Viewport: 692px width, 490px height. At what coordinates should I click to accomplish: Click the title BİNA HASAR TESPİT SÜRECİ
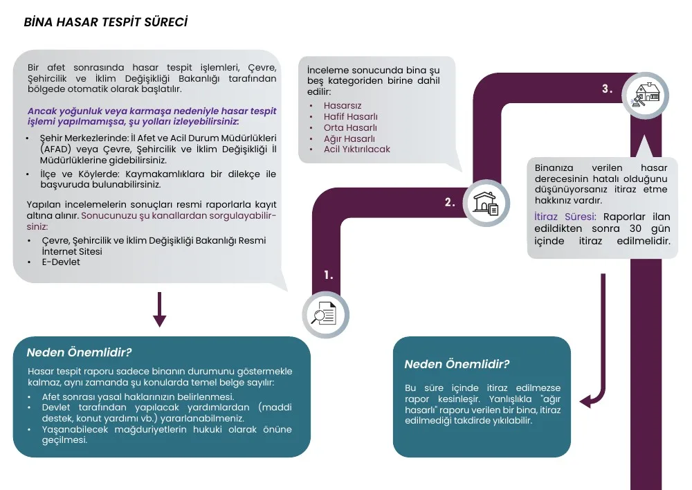[106, 22]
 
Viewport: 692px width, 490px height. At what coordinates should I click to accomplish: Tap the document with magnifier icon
[325, 314]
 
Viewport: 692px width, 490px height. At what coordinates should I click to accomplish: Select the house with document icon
[486, 203]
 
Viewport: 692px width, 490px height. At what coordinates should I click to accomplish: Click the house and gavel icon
[646, 96]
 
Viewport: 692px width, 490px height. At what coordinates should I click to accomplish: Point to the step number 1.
[328, 275]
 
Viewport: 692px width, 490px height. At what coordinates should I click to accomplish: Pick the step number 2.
[450, 203]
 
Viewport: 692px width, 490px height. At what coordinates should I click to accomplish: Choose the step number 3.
[608, 89]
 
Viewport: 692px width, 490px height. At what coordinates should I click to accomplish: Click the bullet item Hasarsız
[343, 105]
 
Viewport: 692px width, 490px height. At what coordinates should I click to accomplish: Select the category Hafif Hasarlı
[350, 116]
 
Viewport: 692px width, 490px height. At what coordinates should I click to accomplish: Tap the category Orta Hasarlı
[350, 127]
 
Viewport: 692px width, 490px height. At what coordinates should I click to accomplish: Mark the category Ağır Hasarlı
[349, 138]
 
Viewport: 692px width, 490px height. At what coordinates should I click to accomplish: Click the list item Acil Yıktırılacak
[356, 149]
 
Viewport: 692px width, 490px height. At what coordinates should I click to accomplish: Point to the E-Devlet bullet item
[61, 262]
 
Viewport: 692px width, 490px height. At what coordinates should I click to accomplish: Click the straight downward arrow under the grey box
[159, 309]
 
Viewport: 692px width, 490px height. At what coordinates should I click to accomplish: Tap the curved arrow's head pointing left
[587, 401]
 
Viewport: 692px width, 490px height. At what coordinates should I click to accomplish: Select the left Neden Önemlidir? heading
[80, 352]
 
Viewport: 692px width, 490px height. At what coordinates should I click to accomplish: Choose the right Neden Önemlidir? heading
[457, 364]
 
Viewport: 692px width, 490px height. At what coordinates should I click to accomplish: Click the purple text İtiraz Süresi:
[565, 217]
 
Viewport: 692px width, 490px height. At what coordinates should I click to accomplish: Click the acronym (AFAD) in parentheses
[55, 149]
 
